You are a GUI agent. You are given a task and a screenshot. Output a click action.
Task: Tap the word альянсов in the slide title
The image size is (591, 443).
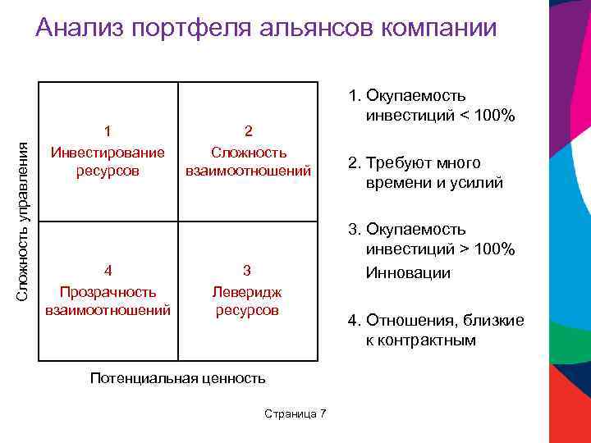coord(313,28)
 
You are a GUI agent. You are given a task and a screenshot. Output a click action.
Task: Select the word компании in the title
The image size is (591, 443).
coord(439,28)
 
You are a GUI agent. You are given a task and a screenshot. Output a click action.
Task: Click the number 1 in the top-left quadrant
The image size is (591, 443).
coord(108,131)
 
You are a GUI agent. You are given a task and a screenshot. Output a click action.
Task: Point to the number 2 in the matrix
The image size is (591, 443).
coord(248,131)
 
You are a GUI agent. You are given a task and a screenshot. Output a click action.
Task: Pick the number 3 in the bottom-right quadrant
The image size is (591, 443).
coord(247,271)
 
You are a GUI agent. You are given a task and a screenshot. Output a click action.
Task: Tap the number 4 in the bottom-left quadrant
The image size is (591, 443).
coord(108,271)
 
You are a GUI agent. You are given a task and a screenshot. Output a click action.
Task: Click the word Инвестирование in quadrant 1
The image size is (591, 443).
coord(108,152)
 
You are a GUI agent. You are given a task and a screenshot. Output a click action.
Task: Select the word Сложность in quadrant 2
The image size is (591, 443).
coord(248,152)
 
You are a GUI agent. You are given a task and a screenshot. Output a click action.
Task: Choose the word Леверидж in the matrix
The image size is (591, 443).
coord(247,290)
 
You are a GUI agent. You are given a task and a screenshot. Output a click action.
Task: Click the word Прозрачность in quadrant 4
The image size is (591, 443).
coord(108,290)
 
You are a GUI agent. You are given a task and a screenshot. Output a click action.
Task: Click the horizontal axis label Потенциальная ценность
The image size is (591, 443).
coord(178,378)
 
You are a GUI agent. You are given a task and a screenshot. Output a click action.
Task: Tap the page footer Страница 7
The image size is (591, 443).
coord(295,413)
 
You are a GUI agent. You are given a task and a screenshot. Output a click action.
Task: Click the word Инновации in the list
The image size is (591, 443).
coord(408,272)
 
